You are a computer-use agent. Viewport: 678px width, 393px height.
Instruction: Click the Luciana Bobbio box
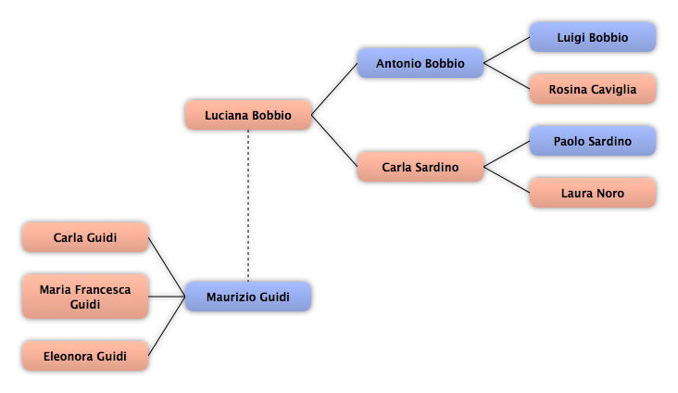click(248, 115)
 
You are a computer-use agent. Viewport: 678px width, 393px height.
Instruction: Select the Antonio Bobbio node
click(421, 63)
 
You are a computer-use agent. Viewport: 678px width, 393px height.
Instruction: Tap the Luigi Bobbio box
click(593, 37)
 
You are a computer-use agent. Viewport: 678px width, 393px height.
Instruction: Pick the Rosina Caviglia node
click(593, 89)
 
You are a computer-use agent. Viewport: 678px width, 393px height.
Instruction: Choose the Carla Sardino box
click(421, 167)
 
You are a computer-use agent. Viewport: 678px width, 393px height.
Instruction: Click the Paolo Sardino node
click(593, 141)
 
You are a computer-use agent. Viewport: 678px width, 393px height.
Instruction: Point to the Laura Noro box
click(593, 193)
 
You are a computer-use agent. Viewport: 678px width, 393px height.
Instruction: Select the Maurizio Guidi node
click(248, 297)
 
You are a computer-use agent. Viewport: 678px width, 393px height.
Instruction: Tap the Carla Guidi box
click(85, 237)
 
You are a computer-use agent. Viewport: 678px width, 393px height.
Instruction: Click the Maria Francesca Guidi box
click(85, 297)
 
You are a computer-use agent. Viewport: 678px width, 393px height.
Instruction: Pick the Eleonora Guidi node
click(85, 356)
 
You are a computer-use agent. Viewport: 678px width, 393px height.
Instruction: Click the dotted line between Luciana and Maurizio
click(248, 206)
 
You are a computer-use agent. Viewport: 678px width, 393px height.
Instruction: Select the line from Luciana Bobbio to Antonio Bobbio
click(334, 89)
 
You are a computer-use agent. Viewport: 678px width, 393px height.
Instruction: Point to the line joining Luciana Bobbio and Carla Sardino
click(334, 141)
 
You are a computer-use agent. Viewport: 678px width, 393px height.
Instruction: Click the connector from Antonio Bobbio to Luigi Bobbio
click(507, 50)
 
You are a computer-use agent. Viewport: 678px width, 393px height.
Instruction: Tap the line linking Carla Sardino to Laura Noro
click(507, 180)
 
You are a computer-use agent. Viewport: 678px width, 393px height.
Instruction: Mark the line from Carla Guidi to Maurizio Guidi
click(167, 267)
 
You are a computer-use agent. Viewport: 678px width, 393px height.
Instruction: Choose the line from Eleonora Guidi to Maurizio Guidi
click(167, 326)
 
